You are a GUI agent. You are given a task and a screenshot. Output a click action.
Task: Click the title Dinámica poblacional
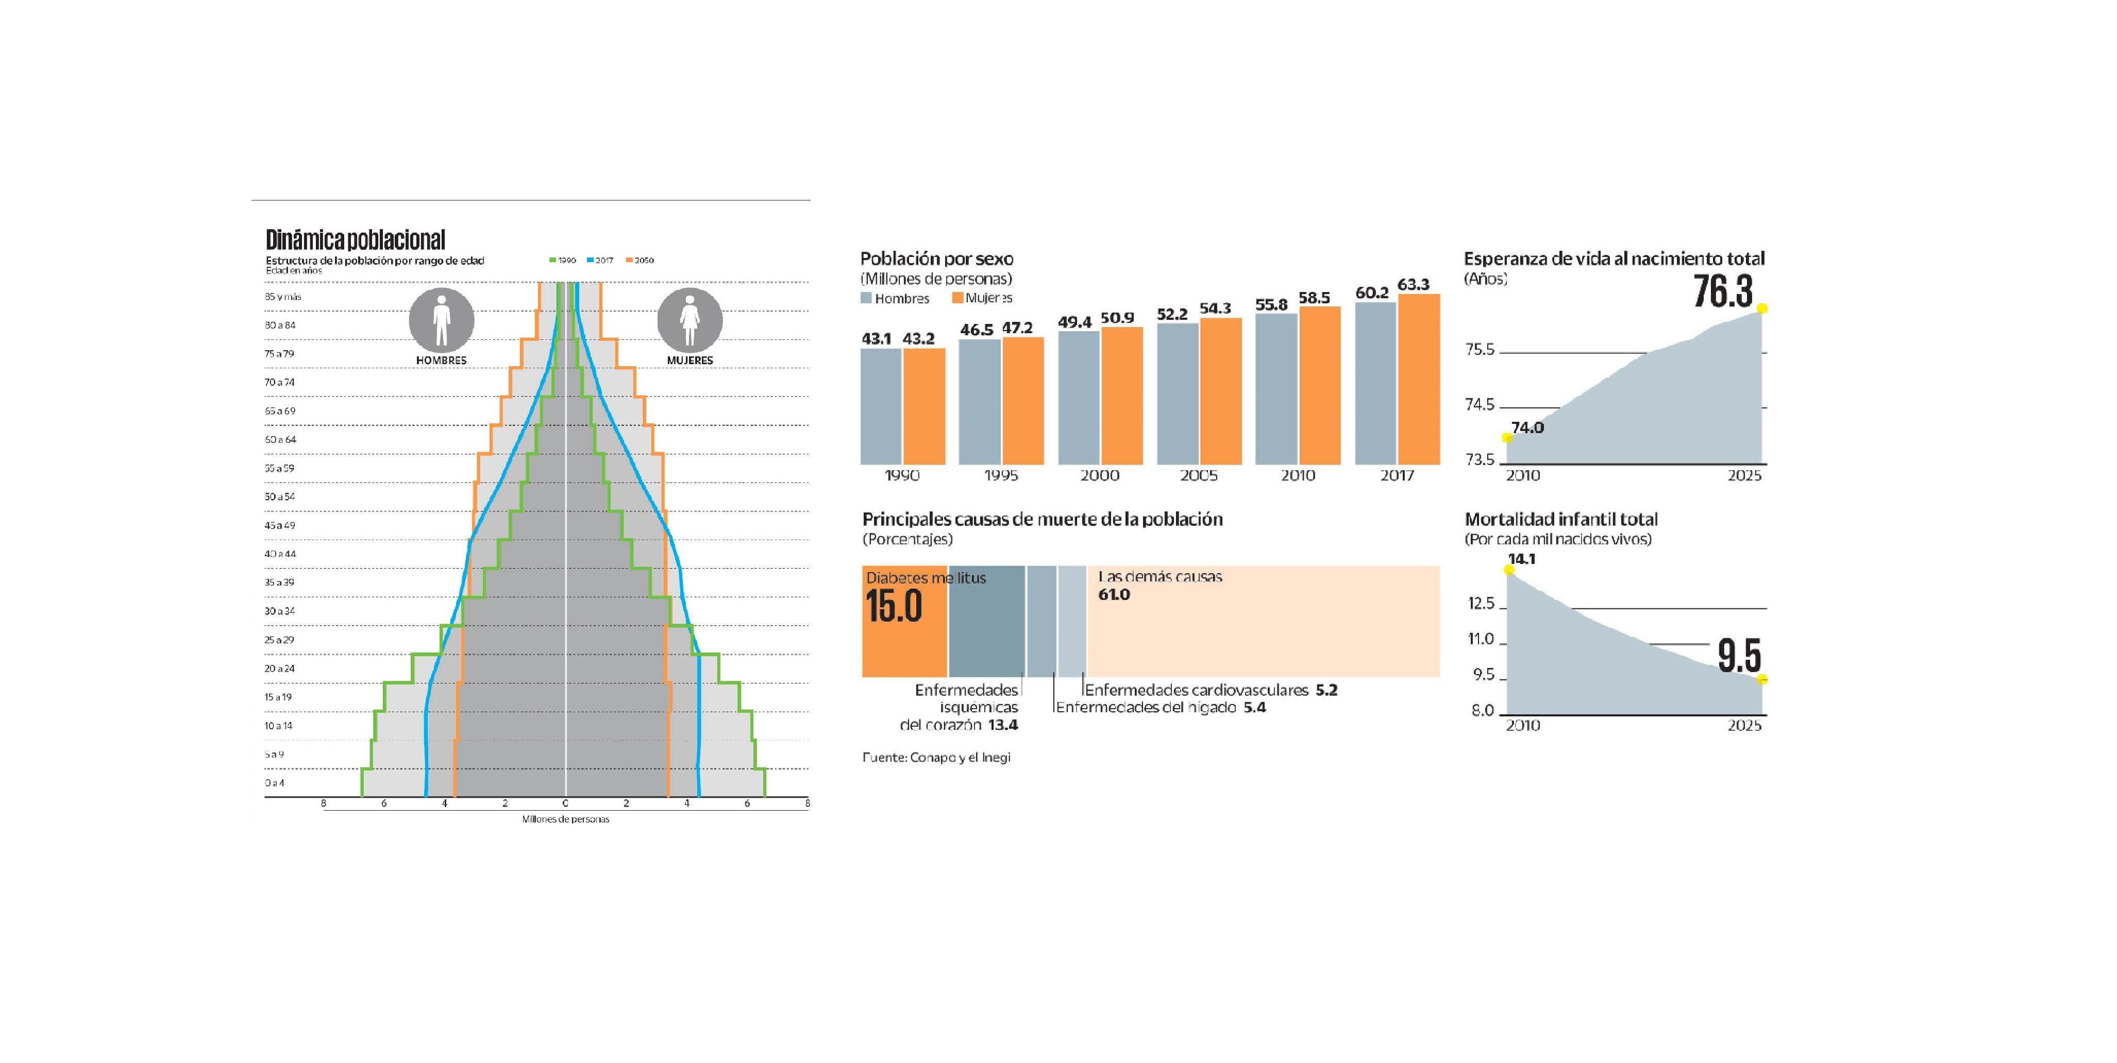tap(355, 240)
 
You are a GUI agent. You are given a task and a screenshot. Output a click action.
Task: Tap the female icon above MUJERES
tap(690, 319)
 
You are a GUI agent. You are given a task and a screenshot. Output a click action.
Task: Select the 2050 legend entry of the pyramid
tap(640, 261)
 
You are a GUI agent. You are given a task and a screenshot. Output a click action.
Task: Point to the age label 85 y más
tap(283, 297)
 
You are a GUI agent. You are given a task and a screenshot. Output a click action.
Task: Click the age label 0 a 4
tap(275, 783)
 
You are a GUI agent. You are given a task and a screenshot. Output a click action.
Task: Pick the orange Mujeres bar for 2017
tap(1418, 380)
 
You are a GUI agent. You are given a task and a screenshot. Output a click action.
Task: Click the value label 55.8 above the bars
tap(1270, 305)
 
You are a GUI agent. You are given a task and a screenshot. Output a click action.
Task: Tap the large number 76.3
tap(1723, 292)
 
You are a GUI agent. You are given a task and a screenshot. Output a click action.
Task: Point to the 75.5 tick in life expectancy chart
tap(1480, 350)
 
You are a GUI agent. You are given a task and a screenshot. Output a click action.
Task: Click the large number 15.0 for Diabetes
tap(893, 607)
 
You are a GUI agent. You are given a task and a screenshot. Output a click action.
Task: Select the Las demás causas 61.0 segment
tap(1262, 621)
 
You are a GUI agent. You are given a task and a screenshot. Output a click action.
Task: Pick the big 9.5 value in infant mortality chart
tap(1739, 656)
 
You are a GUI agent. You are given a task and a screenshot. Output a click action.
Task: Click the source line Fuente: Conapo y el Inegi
tap(936, 758)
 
